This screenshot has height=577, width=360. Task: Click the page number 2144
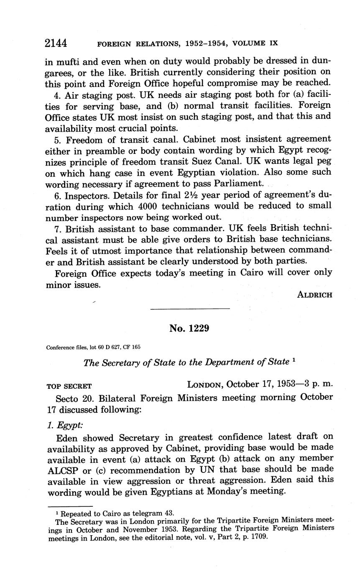point(56,43)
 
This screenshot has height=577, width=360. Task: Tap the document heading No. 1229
point(189,328)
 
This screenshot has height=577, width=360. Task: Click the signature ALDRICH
point(314,295)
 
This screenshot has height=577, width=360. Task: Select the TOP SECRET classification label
point(69,386)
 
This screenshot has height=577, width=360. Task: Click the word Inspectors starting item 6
point(84,195)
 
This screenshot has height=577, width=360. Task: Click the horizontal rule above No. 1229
point(190,309)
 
